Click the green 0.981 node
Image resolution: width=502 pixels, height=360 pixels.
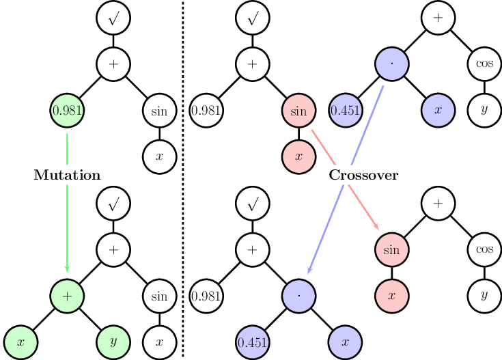tap(67, 110)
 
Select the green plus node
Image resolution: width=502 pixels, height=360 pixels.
tap(67, 296)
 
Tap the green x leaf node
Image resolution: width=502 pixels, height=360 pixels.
tap(20, 340)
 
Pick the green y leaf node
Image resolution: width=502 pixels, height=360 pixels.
tap(113, 340)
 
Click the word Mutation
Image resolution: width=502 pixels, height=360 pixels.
tap(67, 176)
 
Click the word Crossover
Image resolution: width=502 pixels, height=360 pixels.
tap(363, 176)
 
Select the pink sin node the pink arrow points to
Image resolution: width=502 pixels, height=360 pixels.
tap(391, 250)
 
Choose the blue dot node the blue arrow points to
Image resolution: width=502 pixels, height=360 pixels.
tap(298, 296)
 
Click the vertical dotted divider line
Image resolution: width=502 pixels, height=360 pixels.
tap(183, 178)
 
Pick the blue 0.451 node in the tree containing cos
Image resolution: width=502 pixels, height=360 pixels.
tap(345, 110)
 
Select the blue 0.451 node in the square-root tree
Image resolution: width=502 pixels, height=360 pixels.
tap(252, 340)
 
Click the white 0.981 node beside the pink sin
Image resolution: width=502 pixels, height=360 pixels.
tap(206, 110)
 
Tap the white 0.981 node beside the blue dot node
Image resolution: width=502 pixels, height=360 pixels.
tap(206, 296)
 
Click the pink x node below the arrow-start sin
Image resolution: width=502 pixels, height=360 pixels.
tap(298, 156)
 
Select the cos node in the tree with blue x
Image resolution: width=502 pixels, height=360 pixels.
tap(484, 65)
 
